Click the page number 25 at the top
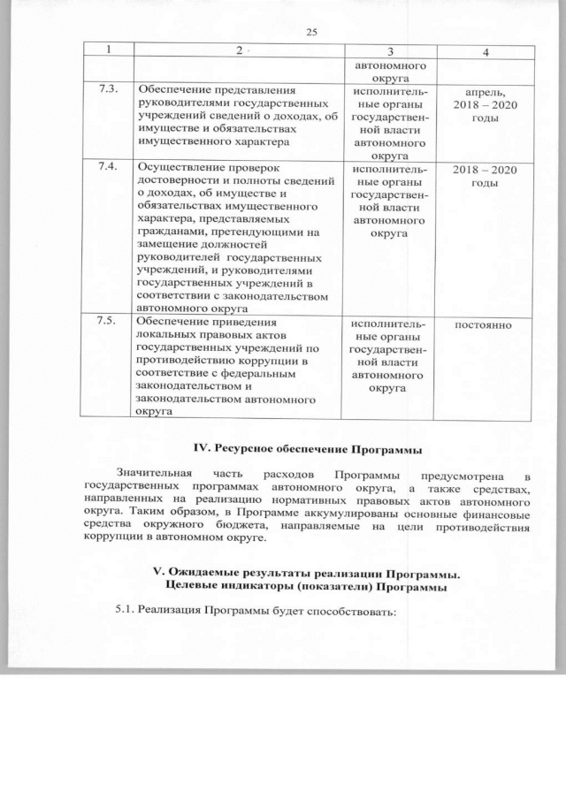coord(310,33)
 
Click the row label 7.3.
coord(107,90)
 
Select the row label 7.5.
coord(107,320)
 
